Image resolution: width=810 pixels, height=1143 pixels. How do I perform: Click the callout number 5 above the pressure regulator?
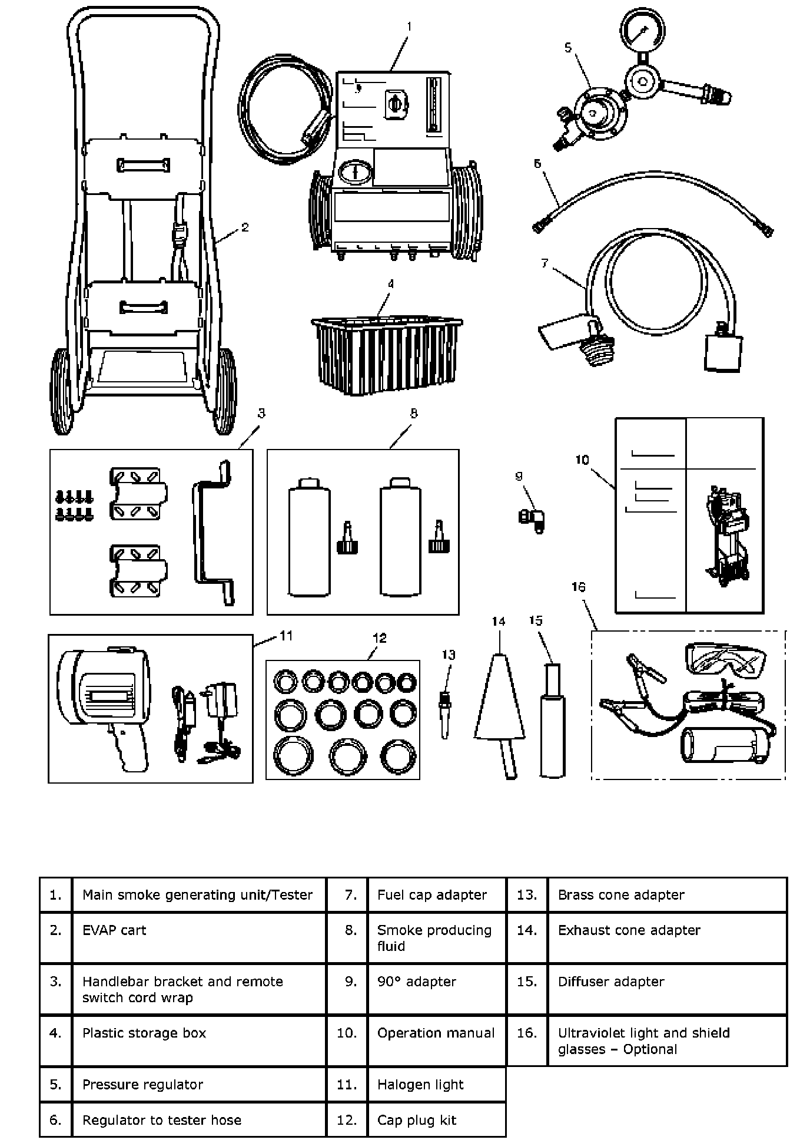(x=568, y=48)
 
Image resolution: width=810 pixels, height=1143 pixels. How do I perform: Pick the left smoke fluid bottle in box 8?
(x=309, y=539)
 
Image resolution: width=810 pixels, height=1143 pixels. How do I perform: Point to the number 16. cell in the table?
(x=527, y=1033)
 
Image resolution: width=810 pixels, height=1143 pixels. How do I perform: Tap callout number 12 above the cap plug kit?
(x=380, y=637)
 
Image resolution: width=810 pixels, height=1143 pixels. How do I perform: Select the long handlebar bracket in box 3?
(x=213, y=533)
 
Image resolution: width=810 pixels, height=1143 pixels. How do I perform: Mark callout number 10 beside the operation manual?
(x=582, y=460)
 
